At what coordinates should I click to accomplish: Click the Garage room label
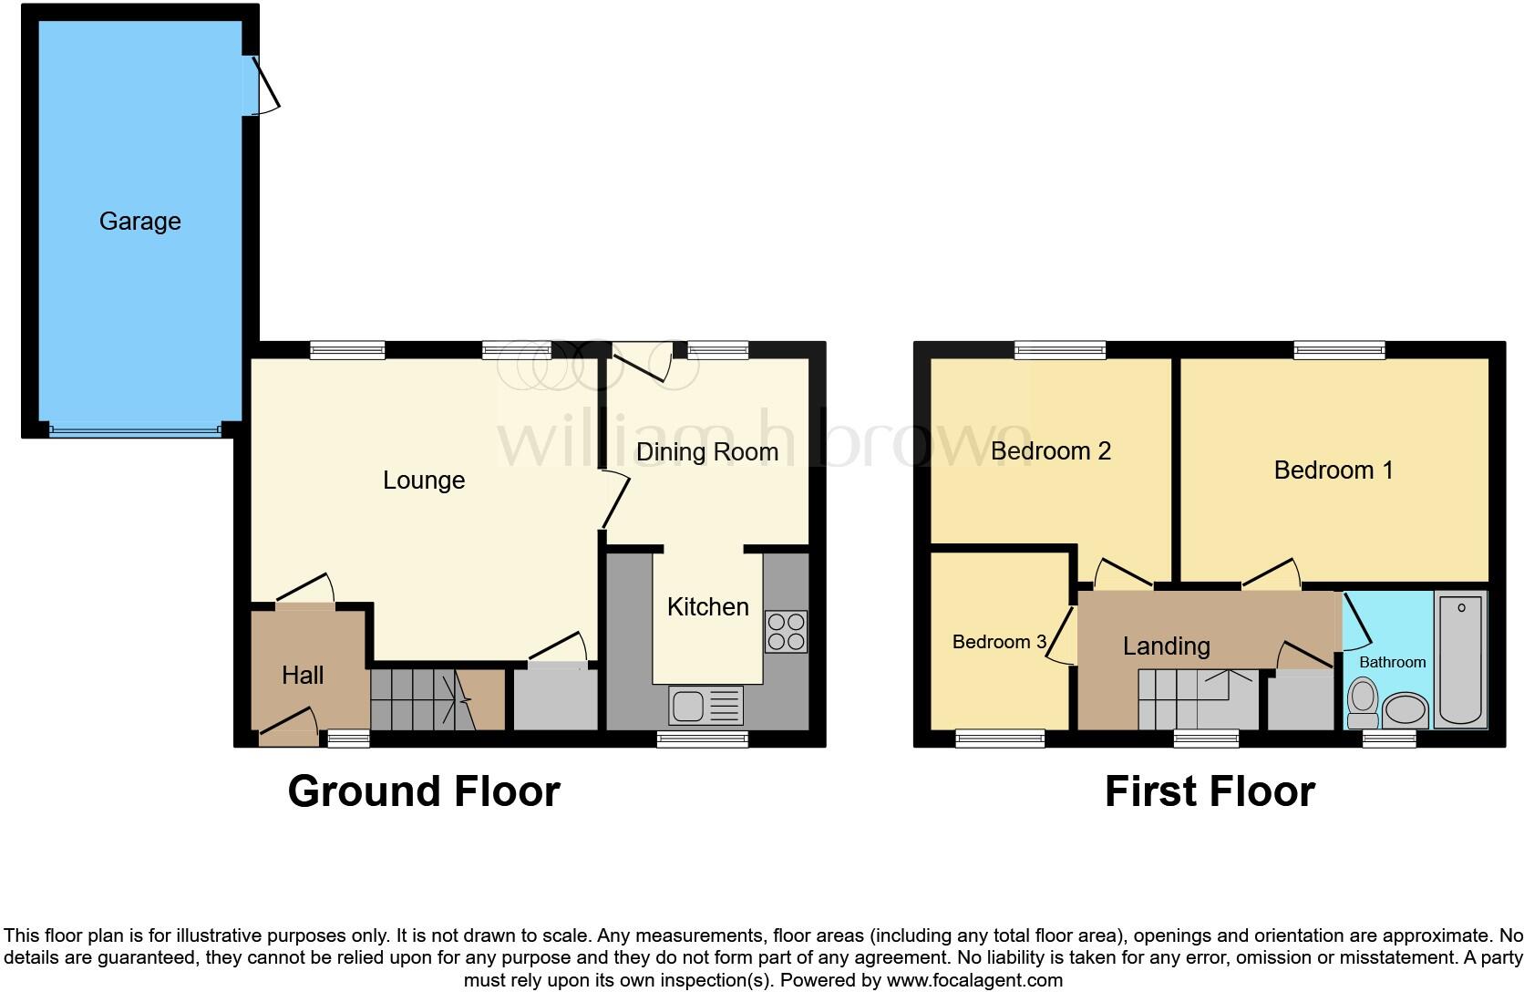139,222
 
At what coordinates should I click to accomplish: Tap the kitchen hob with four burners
786,632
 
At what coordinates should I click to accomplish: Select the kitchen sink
705,706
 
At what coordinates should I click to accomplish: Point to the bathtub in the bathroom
1460,659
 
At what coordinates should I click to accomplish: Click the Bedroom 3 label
998,642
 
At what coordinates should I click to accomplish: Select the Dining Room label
706,452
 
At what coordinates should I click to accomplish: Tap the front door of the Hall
287,726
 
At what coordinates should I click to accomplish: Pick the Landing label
1166,646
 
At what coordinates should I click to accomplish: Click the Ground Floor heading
424,791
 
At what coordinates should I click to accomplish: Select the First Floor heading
1210,791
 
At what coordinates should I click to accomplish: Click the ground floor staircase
423,700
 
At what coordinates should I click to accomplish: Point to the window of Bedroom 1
1338,349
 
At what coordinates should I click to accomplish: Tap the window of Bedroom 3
1000,739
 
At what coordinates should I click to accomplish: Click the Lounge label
423,480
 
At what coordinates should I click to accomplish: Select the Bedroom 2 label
1050,451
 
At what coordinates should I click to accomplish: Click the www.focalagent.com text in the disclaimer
974,981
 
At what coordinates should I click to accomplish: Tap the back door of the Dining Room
644,363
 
